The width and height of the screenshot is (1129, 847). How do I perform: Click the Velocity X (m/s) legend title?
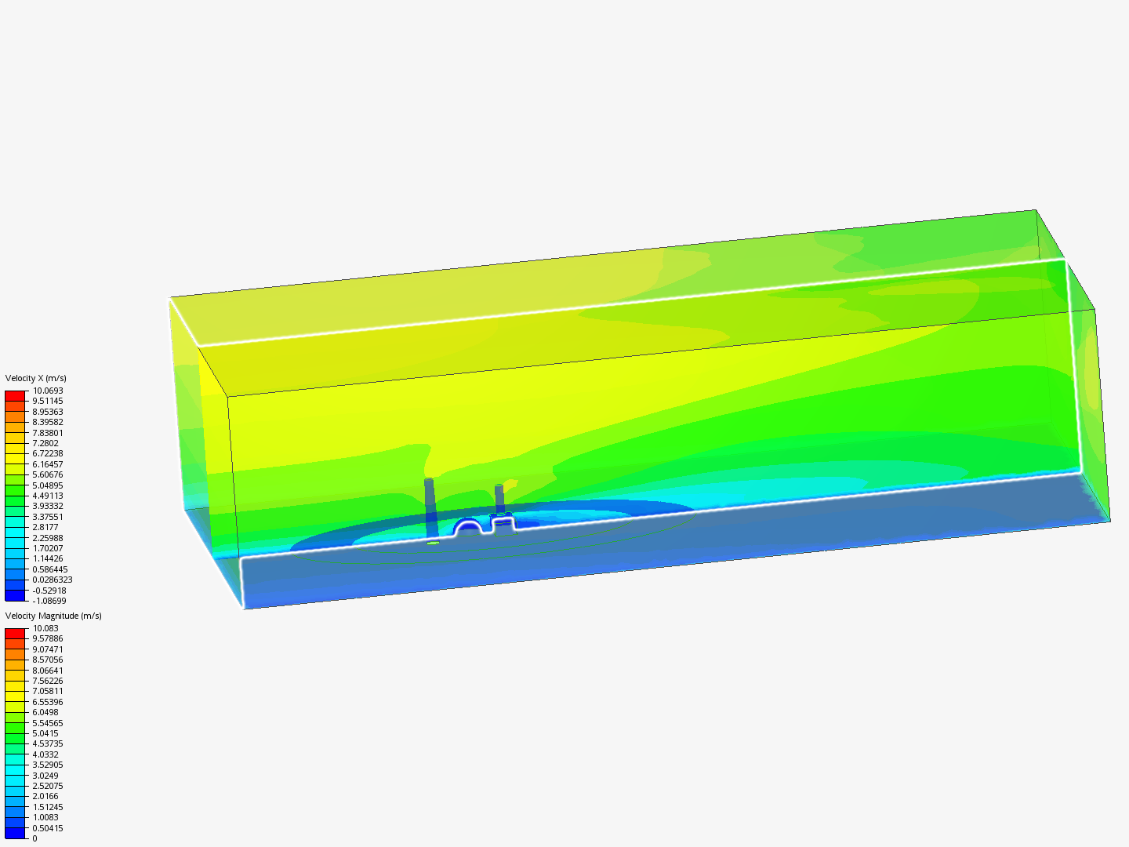click(x=35, y=378)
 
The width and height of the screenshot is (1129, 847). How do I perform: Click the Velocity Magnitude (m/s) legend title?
click(x=53, y=616)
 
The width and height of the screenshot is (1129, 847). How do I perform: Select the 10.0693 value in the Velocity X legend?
click(x=48, y=391)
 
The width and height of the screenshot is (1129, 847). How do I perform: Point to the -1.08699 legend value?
click(x=49, y=601)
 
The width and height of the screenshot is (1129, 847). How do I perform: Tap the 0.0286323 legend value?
click(x=53, y=580)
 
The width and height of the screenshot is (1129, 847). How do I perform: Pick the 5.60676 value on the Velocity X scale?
click(x=48, y=474)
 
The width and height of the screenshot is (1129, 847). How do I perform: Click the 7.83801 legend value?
click(x=48, y=422)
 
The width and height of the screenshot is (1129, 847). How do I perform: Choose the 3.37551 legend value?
click(x=48, y=517)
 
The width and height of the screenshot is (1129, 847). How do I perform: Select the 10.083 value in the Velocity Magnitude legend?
click(x=45, y=628)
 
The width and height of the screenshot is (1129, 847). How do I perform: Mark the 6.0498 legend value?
click(x=45, y=712)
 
